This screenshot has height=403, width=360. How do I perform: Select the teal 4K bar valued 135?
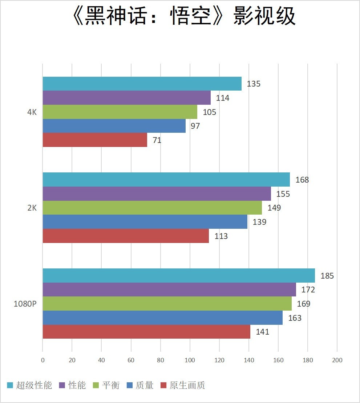[x=142, y=84]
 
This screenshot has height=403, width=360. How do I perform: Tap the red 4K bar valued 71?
[x=95, y=140]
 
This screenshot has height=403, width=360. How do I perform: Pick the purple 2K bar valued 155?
[x=157, y=193]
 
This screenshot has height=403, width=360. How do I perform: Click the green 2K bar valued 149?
[x=152, y=208]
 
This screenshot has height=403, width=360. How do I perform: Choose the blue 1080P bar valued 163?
[x=162, y=318]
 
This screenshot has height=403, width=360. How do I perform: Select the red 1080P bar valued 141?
[x=146, y=332]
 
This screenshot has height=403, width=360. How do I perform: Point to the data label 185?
[x=327, y=276]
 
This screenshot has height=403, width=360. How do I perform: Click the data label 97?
[x=195, y=126]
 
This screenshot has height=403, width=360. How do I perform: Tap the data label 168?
[x=302, y=180]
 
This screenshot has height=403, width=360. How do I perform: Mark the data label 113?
[x=221, y=236]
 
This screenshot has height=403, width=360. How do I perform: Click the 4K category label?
[x=32, y=112]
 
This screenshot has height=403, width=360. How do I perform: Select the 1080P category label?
[x=25, y=304]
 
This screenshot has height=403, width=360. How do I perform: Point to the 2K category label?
[x=32, y=208]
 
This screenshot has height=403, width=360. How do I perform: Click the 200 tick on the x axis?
[x=337, y=360]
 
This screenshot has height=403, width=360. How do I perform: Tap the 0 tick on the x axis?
[x=43, y=360]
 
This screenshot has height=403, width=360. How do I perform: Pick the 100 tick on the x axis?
[x=190, y=360]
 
